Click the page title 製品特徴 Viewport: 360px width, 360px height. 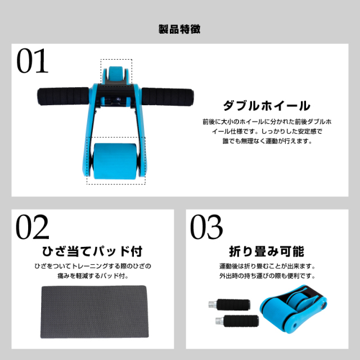pyautogui.click(x=179, y=29)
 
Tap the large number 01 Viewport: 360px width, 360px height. pyautogui.click(x=33, y=61)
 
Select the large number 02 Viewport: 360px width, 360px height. pyautogui.click(x=33, y=227)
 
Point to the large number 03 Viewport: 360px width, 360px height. pyautogui.click(x=206, y=227)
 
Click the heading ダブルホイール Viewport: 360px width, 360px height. pyautogui.click(x=267, y=106)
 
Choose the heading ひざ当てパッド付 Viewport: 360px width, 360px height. pyautogui.click(x=92, y=251)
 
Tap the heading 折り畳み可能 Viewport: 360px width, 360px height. pyautogui.click(x=267, y=251)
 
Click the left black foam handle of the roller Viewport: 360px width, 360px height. pyautogui.click(x=64, y=96)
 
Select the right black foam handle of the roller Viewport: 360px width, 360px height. pyautogui.click(x=168, y=97)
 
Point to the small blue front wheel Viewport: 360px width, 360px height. pyautogui.click(x=116, y=74)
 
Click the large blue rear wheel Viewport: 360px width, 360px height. pyautogui.click(x=115, y=161)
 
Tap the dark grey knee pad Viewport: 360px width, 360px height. pyautogui.click(x=94, y=312)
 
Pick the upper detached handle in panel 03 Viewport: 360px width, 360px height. pyautogui.click(x=229, y=305)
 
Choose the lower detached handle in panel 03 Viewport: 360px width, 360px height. pyautogui.click(x=237, y=321)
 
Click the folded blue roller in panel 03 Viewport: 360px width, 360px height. pyautogui.click(x=293, y=309)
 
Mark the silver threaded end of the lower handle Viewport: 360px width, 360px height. pyautogui.click(x=219, y=321)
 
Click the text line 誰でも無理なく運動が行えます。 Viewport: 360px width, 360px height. pyautogui.click(x=267, y=141)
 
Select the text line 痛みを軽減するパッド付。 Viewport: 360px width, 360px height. pyautogui.click(x=93, y=276)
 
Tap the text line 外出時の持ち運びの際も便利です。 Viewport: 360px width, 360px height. pyautogui.click(x=267, y=276)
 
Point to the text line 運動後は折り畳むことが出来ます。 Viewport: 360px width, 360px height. pyautogui.click(x=267, y=266)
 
